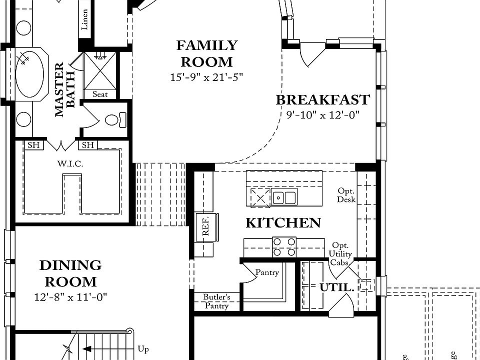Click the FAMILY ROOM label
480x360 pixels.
(206, 53)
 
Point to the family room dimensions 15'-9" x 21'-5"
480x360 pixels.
(206, 77)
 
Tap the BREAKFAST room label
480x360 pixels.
(323, 99)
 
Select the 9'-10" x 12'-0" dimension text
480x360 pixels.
(323, 115)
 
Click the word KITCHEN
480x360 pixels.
(283, 223)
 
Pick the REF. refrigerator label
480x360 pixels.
(205, 225)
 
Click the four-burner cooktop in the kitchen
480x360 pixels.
(284, 246)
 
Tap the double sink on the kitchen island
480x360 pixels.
(283, 197)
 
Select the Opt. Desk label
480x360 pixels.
(346, 195)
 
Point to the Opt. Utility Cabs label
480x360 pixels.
(340, 254)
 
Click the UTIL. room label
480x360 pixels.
(337, 287)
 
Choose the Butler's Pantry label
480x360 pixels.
(216, 301)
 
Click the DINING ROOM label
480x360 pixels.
(70, 273)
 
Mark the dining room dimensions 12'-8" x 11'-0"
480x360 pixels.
(70, 297)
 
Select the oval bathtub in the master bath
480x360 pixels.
(29, 74)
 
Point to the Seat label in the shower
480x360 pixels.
(100, 94)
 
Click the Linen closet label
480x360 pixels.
(85, 19)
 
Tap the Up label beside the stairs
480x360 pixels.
(143, 349)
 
